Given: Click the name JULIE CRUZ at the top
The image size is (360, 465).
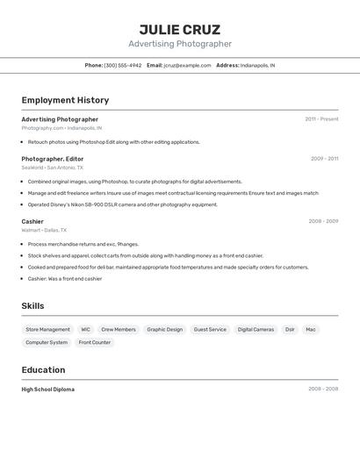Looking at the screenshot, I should click(180, 29).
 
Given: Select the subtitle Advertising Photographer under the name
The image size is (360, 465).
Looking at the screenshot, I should click(180, 44).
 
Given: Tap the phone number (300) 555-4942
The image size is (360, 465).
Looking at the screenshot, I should click(122, 65).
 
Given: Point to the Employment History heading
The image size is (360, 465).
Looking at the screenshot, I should click(65, 100).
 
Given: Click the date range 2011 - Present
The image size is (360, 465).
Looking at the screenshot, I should click(321, 119).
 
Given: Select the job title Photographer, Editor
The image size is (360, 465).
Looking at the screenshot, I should click(53, 159).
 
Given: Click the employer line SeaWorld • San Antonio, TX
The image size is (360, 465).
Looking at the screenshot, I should click(53, 168).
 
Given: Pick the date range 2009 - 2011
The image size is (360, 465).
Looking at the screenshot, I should click(324, 159).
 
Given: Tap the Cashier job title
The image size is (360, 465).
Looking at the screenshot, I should click(32, 221).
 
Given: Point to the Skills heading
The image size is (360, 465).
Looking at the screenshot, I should click(33, 305).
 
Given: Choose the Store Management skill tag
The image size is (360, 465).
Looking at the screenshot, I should click(47, 330).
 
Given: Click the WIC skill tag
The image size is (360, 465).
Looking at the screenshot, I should click(85, 330).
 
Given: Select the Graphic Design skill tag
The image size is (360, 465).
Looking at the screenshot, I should click(164, 330).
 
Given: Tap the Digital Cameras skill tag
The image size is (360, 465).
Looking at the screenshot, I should click(256, 330).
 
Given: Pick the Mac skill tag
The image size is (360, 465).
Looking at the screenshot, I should click(311, 330).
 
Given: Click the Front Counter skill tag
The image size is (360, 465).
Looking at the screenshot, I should click(95, 342).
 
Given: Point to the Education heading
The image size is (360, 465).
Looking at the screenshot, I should click(43, 369).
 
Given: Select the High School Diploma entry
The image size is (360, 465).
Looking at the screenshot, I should click(48, 389).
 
